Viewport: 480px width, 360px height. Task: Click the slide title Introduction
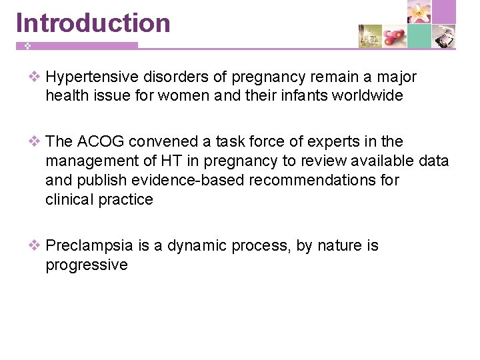click(93, 23)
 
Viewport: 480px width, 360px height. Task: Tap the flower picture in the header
click(419, 12)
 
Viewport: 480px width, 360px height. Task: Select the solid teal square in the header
click(419, 36)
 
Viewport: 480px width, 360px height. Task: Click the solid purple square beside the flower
click(443, 12)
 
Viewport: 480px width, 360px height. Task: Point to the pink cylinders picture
click(395, 36)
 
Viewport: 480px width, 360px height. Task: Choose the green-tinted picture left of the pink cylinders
click(370, 36)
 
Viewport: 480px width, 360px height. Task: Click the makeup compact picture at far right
click(444, 36)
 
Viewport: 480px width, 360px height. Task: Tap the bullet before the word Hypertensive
click(34, 77)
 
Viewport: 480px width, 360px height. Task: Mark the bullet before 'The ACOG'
click(34, 141)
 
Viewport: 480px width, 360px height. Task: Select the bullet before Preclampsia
click(34, 245)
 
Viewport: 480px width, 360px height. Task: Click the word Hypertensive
click(93, 77)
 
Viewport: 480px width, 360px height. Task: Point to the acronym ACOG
click(101, 141)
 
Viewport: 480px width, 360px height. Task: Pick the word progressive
click(86, 265)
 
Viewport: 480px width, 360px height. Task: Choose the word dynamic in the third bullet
click(197, 245)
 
